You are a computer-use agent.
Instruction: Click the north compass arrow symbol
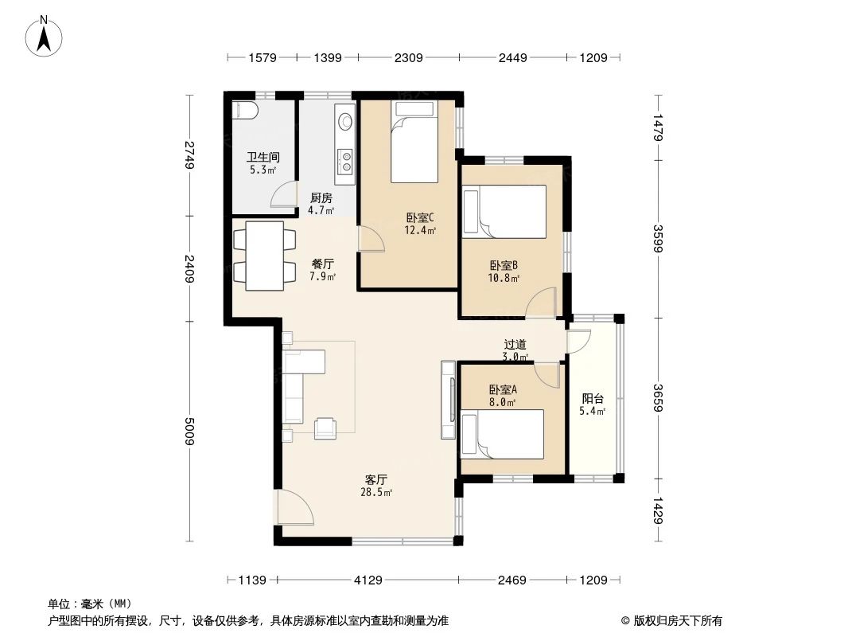tap(46, 36)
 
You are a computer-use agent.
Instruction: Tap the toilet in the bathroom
tap(243, 110)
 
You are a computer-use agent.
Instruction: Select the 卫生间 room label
tap(262, 158)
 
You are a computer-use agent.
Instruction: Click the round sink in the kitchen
tap(346, 122)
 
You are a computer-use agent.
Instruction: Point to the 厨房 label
tap(321, 198)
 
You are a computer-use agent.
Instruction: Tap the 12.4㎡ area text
tap(420, 231)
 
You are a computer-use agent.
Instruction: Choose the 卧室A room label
tap(503, 390)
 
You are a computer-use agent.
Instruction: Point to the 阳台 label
tap(593, 399)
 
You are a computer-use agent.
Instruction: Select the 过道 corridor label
tap(515, 345)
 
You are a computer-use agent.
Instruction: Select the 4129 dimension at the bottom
tap(368, 580)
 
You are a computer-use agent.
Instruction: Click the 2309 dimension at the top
tap(408, 57)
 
